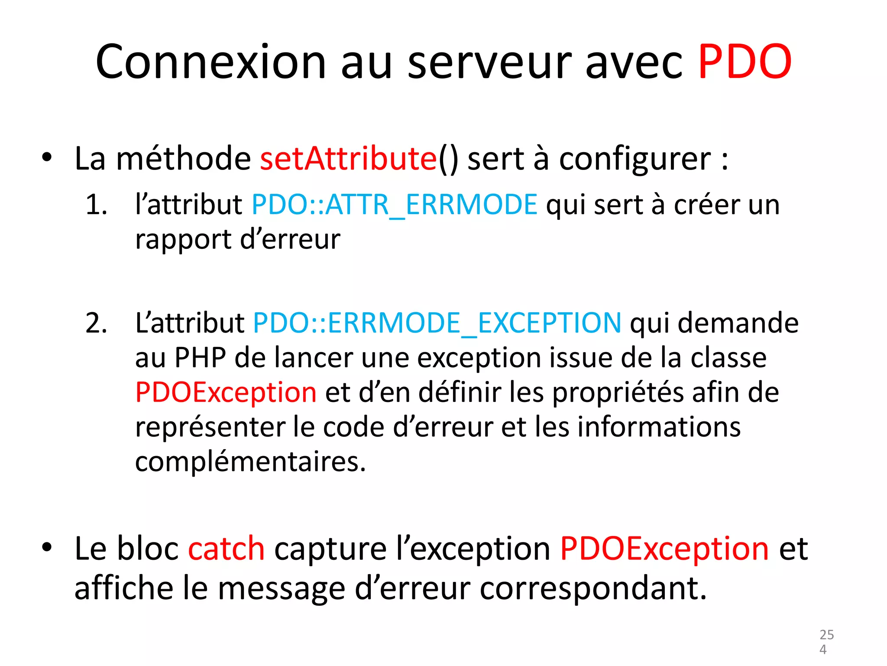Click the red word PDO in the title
coord(745,62)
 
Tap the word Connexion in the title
coord(210,62)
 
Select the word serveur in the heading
coord(489,62)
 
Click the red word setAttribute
coord(349,158)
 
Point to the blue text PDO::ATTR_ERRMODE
coord(394,204)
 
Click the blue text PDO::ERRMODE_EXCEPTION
coord(437,323)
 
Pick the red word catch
coord(226,549)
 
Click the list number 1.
coord(96,204)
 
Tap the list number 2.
coord(96,323)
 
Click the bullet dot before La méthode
coord(47,157)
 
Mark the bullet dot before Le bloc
coord(47,548)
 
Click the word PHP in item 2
coord(200,358)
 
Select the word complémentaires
coord(250,462)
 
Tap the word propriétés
coord(618,393)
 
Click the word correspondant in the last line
coord(593,589)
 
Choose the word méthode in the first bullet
coord(184,158)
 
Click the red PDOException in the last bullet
coord(664,549)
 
